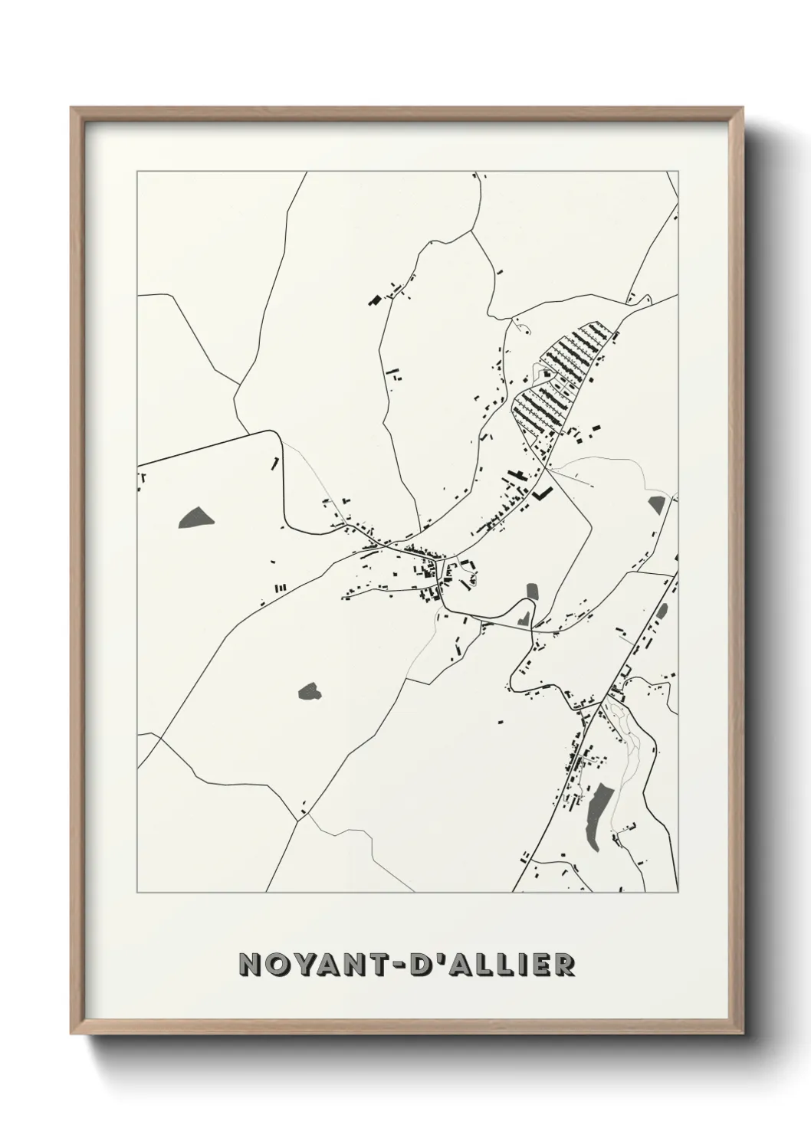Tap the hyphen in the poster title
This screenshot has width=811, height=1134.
[425, 965]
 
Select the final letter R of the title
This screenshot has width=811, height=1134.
[564, 964]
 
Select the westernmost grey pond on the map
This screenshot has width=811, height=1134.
[197, 519]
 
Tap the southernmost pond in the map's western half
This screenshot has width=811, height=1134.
[310, 692]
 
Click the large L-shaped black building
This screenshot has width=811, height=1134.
[544, 493]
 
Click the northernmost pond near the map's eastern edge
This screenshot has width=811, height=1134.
[656, 504]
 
